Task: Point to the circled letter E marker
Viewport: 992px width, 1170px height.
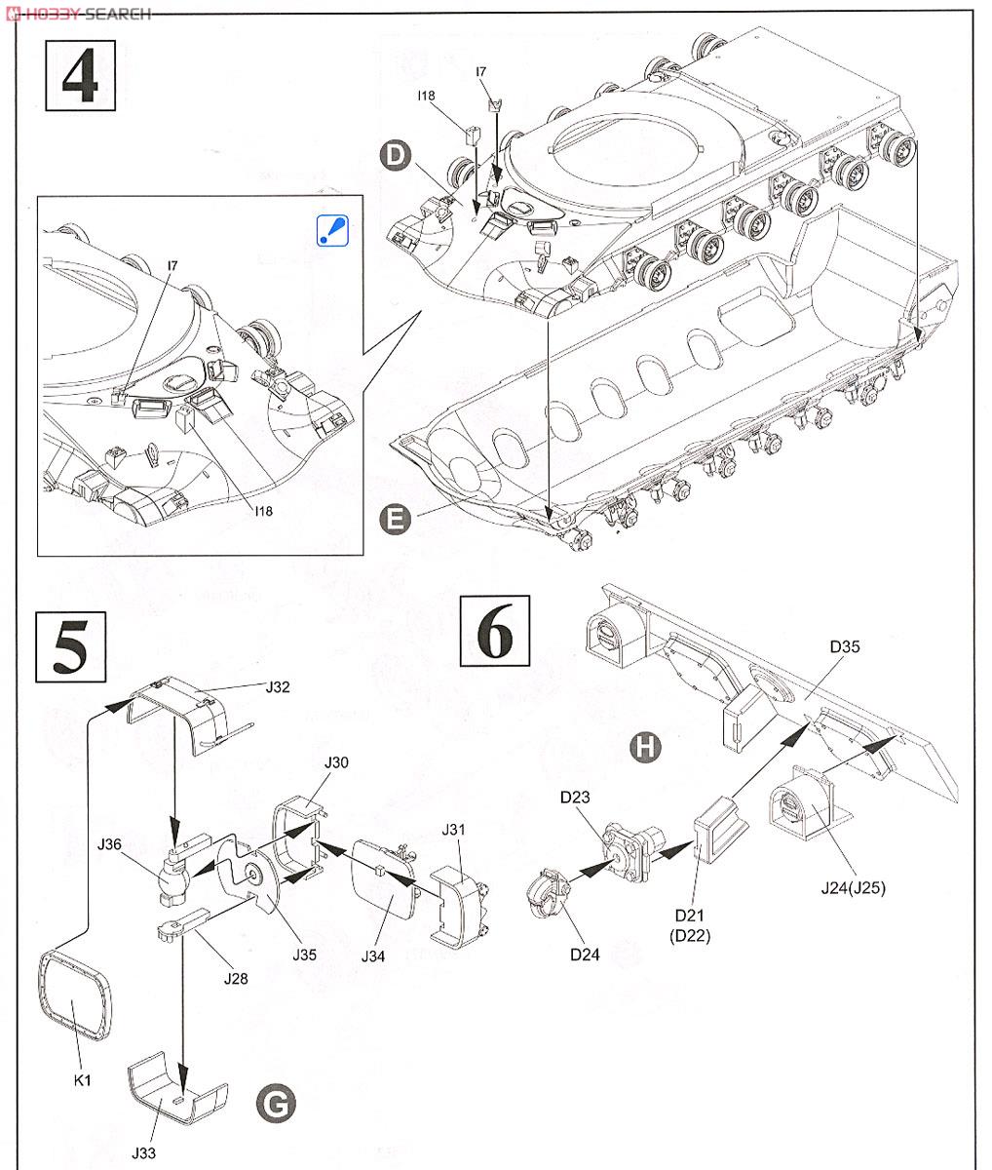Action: click(393, 519)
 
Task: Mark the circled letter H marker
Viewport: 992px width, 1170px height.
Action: click(644, 747)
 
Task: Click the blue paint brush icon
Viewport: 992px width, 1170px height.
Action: click(333, 229)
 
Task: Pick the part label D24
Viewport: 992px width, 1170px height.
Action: click(585, 953)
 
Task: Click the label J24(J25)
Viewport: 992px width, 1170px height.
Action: click(854, 887)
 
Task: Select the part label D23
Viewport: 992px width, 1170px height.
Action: click(575, 797)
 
